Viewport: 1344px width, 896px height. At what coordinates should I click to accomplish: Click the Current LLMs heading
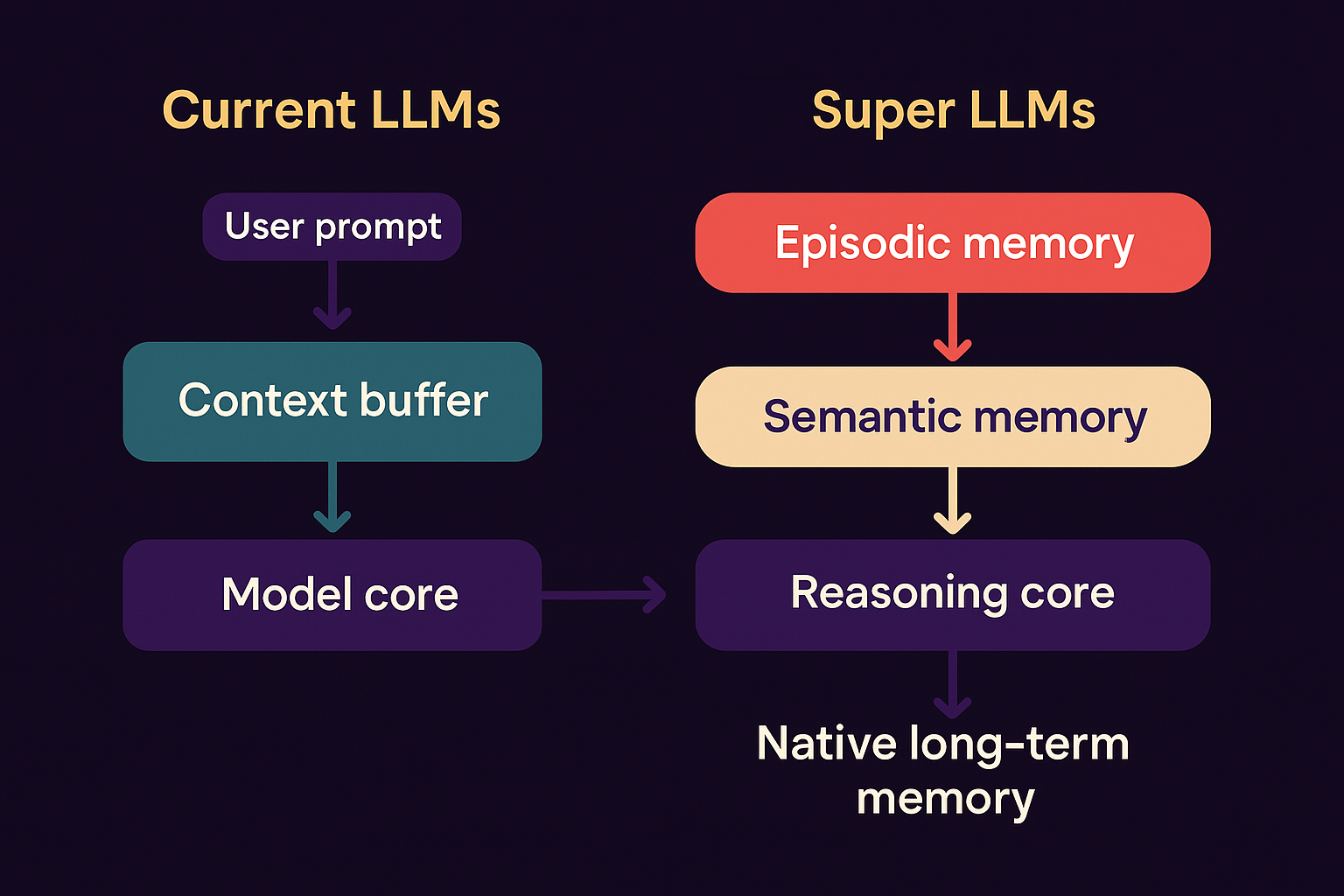(x=331, y=111)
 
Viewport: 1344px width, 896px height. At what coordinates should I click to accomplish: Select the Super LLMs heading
(x=953, y=111)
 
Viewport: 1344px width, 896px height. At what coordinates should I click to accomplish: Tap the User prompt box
(x=332, y=227)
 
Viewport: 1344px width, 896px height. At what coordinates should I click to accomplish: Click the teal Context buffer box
(x=332, y=402)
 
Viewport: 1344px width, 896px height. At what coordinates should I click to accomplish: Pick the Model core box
(x=332, y=595)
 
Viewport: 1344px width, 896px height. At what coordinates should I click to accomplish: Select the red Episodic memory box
(x=953, y=243)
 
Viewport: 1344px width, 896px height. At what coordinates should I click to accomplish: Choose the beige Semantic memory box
(x=953, y=416)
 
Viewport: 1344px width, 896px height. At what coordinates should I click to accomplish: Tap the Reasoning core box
(x=953, y=595)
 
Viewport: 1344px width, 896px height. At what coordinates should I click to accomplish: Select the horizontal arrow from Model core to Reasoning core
(x=604, y=595)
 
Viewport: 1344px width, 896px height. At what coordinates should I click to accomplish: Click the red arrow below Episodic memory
(x=953, y=327)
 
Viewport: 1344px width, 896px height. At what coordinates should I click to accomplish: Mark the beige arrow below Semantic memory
(x=953, y=500)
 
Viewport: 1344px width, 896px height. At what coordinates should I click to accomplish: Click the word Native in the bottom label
(x=827, y=744)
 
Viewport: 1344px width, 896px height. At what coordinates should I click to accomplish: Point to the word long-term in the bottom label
(x=1019, y=745)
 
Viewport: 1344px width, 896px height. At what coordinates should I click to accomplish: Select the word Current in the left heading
(x=259, y=111)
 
